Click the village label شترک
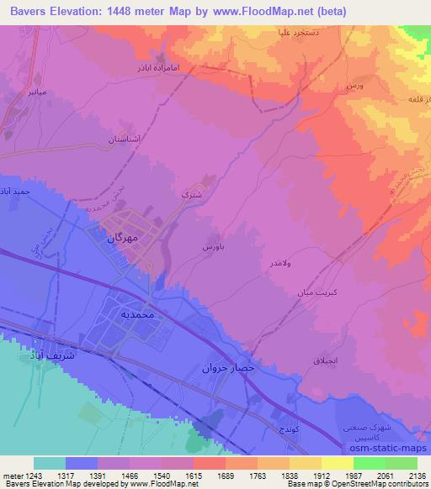(x=193, y=194)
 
